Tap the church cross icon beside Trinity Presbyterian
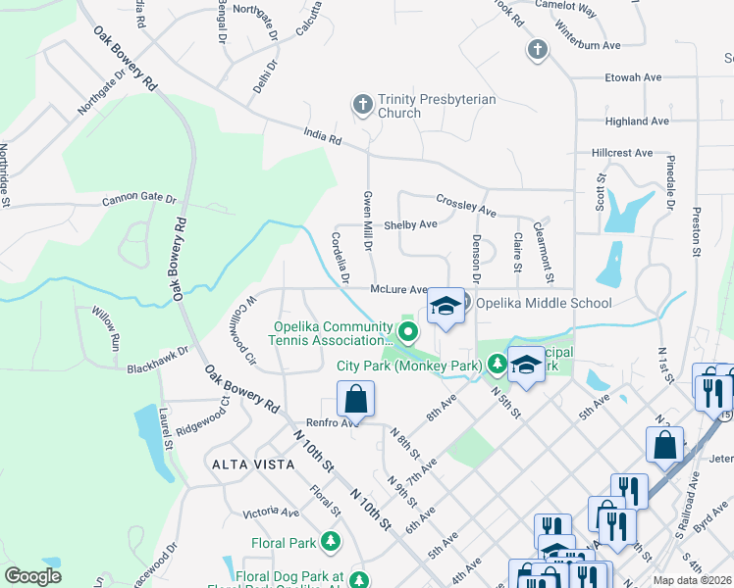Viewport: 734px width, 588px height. pos(362,103)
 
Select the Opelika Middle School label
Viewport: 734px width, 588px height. pos(545,304)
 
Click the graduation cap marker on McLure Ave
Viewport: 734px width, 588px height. pos(446,306)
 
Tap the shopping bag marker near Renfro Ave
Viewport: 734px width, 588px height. pos(355,400)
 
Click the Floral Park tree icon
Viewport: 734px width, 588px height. pos(332,542)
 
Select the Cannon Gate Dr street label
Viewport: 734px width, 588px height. pos(138,200)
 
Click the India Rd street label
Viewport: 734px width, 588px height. pos(322,137)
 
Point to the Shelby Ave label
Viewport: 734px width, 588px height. pos(410,224)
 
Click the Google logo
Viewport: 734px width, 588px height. pos(33,575)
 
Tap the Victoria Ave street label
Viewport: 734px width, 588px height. pos(271,512)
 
